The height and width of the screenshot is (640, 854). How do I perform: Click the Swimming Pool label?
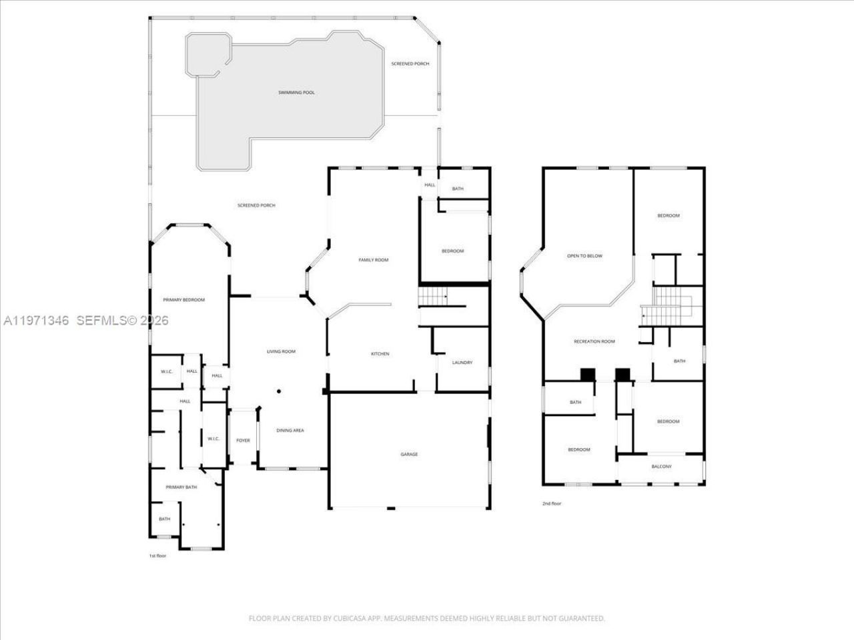click(x=296, y=93)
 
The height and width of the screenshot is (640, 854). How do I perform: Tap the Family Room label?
click(x=373, y=260)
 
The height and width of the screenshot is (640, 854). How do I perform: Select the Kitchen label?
click(x=380, y=354)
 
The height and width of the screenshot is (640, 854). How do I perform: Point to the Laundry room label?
click(x=462, y=363)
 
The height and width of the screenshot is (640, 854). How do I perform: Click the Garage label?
click(x=409, y=455)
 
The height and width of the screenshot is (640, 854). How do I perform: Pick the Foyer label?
click(x=243, y=441)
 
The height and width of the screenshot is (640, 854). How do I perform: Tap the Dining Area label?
click(x=290, y=431)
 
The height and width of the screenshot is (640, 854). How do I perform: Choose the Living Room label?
click(x=281, y=351)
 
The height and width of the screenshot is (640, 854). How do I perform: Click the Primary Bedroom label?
click(x=184, y=300)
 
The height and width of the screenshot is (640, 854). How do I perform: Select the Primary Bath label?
click(x=181, y=487)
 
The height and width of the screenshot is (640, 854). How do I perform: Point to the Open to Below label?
click(x=584, y=256)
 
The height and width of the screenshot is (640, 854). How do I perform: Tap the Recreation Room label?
click(x=594, y=342)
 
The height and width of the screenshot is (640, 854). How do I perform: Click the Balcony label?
click(x=661, y=467)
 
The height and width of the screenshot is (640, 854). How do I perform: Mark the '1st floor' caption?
click(x=157, y=555)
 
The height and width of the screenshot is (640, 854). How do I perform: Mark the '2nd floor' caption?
click(x=551, y=503)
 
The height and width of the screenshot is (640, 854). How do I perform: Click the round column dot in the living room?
click(x=280, y=391)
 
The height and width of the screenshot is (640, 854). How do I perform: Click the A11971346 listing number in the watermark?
click(x=37, y=321)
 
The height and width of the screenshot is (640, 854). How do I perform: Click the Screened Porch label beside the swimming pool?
click(x=410, y=63)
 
